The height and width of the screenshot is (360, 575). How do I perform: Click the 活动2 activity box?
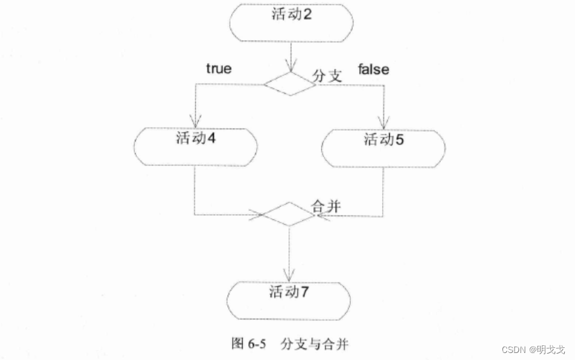point(290,23)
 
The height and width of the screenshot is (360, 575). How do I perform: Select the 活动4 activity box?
point(195,147)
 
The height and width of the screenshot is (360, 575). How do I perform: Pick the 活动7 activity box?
point(290,301)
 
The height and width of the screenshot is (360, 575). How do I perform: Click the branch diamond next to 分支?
point(290,84)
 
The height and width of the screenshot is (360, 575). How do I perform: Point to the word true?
point(218,69)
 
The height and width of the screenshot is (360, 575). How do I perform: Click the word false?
point(374,69)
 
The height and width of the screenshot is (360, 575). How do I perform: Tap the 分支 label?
point(328,76)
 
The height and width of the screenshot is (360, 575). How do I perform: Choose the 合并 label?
point(325,205)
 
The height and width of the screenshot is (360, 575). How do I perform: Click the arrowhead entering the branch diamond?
point(290,67)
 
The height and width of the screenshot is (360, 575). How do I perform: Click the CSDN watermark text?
point(533,350)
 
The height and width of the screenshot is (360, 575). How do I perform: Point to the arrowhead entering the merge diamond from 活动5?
point(319,215)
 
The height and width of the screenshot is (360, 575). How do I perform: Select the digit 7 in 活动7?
point(306,292)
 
